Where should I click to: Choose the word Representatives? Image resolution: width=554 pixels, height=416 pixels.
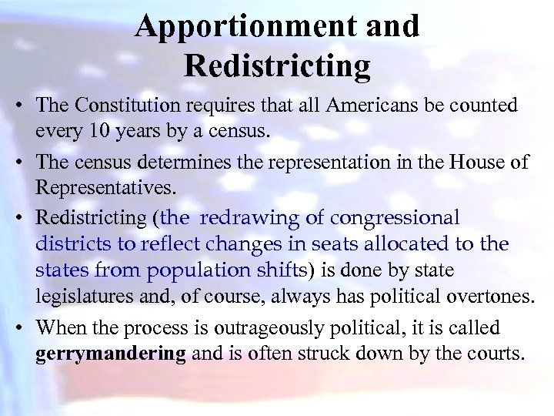(105, 187)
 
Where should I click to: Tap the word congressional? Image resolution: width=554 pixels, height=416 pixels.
(394, 217)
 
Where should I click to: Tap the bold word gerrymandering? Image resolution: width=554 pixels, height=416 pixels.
(110, 355)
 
